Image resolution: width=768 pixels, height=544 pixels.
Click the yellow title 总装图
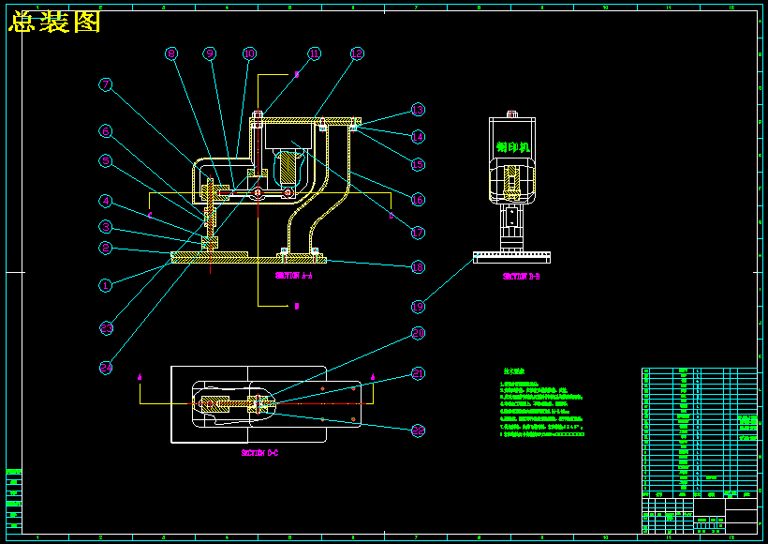point(54,23)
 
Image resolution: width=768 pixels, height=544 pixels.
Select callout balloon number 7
point(107,84)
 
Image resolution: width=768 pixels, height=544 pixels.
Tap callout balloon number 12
point(356,54)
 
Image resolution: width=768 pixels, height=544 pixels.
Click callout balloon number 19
point(419,306)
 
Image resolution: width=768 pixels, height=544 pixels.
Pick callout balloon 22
point(419,431)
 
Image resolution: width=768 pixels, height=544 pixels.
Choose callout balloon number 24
point(107,368)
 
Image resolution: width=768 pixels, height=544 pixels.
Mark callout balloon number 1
point(107,284)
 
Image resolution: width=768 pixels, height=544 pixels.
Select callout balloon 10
point(249,54)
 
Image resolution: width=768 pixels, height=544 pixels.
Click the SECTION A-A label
point(294,277)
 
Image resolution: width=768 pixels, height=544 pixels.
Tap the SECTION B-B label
point(521,277)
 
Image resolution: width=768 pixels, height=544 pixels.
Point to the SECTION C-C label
point(260,453)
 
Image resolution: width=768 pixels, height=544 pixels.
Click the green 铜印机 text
point(513,147)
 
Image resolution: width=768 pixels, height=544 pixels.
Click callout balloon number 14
point(419,137)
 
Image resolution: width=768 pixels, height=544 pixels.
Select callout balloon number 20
point(419,333)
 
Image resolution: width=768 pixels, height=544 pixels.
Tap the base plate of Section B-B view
point(511,255)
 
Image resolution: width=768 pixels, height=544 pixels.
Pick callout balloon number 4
point(107,201)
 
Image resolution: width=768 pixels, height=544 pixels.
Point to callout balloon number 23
point(107,327)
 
